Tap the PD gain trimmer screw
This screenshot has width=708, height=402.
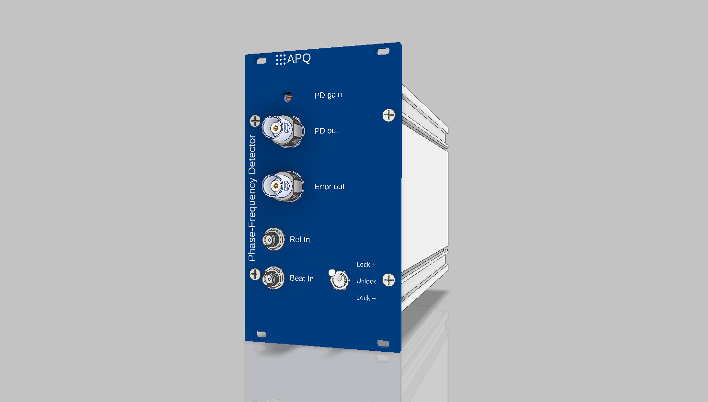point(287,97)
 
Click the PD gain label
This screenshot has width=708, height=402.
point(328,95)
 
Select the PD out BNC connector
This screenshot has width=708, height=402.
point(283,131)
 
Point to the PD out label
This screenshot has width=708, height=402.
point(326,131)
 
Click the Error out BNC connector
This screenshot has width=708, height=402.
point(283,187)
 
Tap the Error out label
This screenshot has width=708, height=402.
point(330,187)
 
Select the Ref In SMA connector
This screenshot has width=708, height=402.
point(273,239)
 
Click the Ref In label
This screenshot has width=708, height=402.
point(300,239)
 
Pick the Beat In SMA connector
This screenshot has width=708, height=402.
point(273,278)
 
